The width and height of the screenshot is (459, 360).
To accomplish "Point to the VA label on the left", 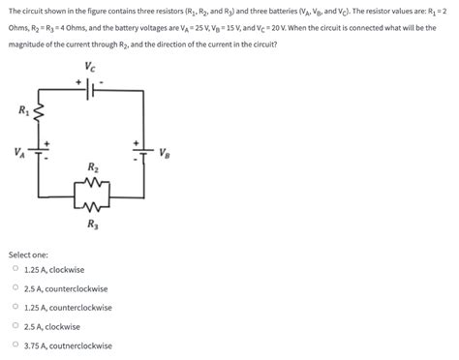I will click(19, 152).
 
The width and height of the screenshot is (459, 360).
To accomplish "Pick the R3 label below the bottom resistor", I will click(92, 225).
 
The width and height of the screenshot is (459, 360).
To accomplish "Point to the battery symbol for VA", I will click(40, 153).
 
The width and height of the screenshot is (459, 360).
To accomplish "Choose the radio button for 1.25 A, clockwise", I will click(15, 270).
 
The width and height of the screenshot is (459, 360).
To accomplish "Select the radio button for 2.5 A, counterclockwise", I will click(15, 288).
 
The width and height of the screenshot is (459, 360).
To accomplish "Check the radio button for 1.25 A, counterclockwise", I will click(15, 308).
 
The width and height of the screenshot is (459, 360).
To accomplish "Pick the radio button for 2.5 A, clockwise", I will click(15, 326).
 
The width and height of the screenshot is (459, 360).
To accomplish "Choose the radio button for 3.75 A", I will click(15, 345).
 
